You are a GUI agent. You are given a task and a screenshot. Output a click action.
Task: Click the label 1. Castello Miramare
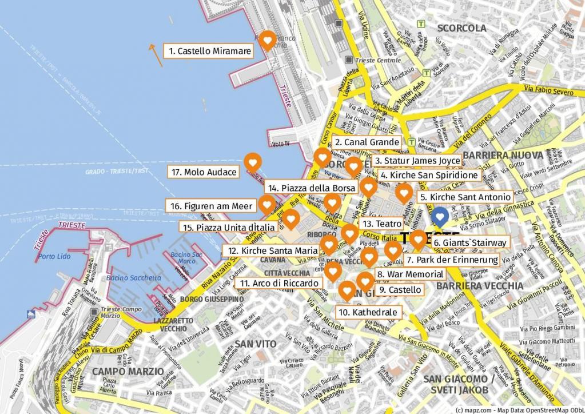coord(209,51)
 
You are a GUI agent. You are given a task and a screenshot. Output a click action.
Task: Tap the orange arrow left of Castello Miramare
coord(155,55)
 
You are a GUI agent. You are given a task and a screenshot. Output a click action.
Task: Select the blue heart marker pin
coord(439,216)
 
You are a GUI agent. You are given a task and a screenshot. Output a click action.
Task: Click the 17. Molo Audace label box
coord(204,172)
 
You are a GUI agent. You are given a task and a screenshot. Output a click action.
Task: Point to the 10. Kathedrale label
coord(368,312)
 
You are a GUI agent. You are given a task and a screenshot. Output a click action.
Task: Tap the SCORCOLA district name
coord(461,28)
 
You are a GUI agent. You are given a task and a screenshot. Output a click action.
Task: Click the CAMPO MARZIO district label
coord(128,372)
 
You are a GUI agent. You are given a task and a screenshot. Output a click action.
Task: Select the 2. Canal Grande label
coord(367,142)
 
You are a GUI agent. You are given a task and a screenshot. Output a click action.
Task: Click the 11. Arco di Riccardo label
coord(279,283)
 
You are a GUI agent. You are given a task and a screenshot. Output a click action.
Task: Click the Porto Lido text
coord(54,256)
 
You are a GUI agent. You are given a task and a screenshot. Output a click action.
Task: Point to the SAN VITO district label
coord(255,344)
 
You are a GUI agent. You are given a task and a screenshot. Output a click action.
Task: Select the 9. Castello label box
coord(400,290)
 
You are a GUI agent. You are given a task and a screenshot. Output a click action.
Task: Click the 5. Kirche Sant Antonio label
coord(464,197)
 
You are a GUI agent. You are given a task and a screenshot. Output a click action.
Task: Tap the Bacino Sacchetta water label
coord(133,278)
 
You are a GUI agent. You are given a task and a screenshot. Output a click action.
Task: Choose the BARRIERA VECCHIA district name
coord(479,285)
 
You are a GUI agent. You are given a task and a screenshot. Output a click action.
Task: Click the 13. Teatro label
coord(381,224)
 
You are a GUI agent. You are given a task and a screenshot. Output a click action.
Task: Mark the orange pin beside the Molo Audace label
coord(252,162)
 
